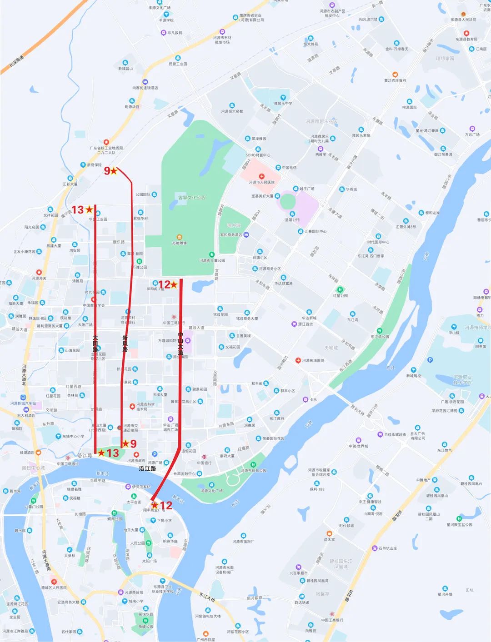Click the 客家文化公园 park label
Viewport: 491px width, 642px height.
point(192,198)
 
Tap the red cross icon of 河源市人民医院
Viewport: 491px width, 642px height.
point(261,176)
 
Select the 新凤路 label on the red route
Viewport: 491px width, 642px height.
point(125,343)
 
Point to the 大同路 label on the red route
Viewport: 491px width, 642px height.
point(95,344)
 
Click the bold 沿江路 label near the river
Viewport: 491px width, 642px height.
point(147,468)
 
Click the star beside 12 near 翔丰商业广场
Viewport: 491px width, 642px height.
point(155,505)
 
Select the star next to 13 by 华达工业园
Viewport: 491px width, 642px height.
point(89,209)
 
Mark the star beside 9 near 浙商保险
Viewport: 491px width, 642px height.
point(114,171)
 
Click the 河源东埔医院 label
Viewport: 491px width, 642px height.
point(313,360)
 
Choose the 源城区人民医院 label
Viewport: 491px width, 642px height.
point(54,587)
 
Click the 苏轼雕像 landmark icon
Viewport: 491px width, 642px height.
point(180,237)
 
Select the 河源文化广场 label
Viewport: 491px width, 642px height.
point(212,491)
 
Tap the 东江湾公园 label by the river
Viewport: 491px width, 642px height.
point(380,337)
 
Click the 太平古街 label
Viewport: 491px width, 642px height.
point(134,502)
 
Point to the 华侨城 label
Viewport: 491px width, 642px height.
point(351,189)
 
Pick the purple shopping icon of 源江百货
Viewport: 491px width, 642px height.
point(294,324)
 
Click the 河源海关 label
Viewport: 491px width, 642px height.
point(39,278)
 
